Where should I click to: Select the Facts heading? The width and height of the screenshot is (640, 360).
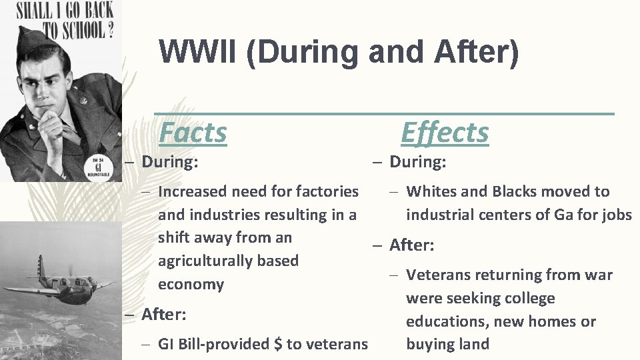pos(193,132)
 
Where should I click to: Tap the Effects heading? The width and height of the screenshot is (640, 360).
pos(445,132)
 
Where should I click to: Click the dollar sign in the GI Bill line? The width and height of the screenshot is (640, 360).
pos(278,344)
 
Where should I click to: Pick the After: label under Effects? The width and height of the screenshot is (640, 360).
pos(411,245)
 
